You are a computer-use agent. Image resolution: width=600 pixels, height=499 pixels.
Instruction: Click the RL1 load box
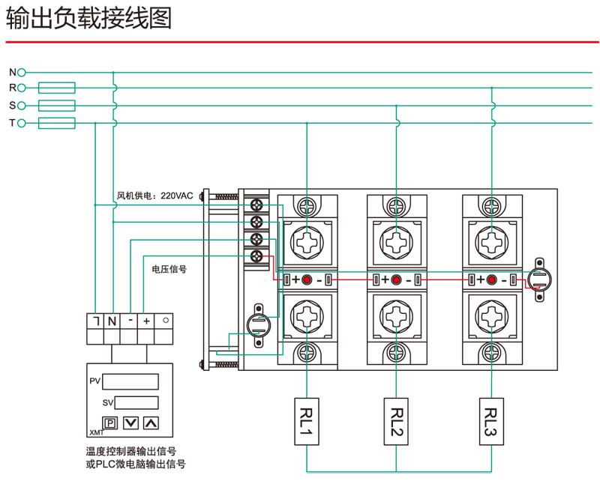tap(307, 422)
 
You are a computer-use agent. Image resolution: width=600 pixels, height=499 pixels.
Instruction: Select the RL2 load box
tap(397, 422)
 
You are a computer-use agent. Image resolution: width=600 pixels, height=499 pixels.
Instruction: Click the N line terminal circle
tap(22, 72)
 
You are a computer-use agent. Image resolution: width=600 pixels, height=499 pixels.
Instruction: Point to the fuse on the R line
tap(56, 88)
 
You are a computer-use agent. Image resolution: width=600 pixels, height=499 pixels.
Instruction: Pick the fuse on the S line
tap(56, 106)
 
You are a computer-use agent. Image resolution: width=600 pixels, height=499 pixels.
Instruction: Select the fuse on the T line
tap(56, 123)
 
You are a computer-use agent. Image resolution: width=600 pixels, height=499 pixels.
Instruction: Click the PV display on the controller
tap(130, 381)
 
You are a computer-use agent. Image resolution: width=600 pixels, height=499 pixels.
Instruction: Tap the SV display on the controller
tap(136, 402)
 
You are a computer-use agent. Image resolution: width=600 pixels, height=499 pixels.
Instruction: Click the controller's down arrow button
tap(130, 423)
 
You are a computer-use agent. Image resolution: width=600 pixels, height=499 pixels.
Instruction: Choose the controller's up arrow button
tap(151, 423)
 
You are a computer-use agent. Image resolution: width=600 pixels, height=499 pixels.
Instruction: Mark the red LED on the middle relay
tap(397, 280)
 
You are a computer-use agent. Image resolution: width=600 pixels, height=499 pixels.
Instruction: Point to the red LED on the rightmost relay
tap(491, 280)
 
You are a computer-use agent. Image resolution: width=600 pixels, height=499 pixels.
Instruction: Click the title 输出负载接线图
tap(89, 19)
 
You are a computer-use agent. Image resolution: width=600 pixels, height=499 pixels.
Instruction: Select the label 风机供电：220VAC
tap(154, 196)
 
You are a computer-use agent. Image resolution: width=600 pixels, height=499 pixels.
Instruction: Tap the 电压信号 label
tap(169, 268)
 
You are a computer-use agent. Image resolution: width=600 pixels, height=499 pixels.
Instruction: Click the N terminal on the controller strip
tap(112, 321)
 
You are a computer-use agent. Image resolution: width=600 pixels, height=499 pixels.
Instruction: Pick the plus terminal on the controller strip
tap(146, 321)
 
